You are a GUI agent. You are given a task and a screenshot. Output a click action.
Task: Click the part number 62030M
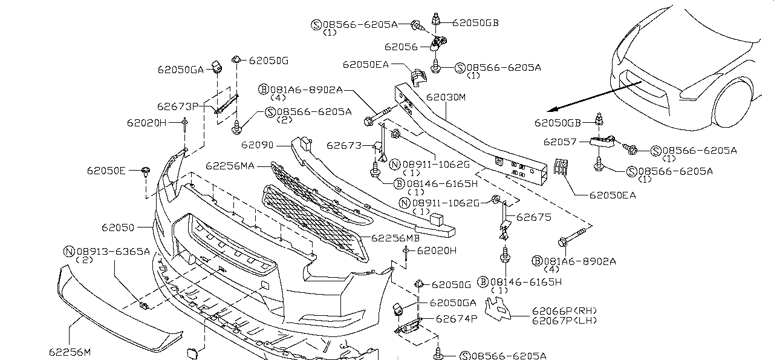tap(446, 97)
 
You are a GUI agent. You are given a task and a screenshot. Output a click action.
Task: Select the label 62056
tap(402, 47)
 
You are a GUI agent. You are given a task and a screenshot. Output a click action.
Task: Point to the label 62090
tap(258, 145)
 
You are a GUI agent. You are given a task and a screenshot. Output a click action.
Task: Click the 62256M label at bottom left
tap(70, 351)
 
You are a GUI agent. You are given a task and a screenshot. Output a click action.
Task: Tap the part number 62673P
tap(178, 106)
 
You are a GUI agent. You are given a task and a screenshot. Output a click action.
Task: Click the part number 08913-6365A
tap(112, 250)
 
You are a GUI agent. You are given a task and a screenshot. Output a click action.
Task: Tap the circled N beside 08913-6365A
tap(68, 250)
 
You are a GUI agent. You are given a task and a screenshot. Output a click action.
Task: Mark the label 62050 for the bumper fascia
tap(118, 227)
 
